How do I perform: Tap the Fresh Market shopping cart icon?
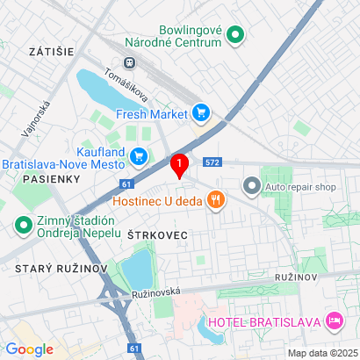[x=202, y=112]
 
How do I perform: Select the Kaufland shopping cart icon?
[x=139, y=156]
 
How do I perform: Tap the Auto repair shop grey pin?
[x=252, y=186]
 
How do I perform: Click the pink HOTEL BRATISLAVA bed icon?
[x=334, y=320]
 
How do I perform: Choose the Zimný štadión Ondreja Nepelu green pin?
[x=22, y=226]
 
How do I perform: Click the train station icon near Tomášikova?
[x=131, y=62]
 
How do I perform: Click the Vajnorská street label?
[x=32, y=119]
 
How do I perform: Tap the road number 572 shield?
[x=212, y=162]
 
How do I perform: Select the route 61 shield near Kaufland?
[x=127, y=184]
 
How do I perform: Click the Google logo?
[x=30, y=349]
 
